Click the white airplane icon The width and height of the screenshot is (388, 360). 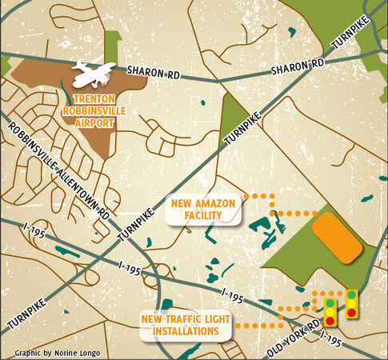coord(94,75)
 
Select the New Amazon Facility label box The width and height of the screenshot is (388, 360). coord(204,212)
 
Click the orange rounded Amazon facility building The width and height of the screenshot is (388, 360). coord(337,238)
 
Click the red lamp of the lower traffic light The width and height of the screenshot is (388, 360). coord(330,321)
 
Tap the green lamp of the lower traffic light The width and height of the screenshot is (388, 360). coord(330,303)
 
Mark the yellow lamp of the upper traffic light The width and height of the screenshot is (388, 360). coord(351,302)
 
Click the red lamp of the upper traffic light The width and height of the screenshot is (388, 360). coord(351,311)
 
